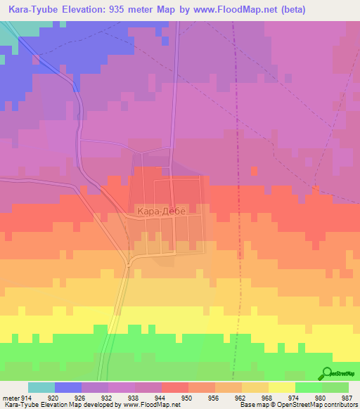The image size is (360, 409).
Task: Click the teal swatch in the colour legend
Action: coord(41,387)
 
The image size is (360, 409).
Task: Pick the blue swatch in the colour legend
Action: coord(68,387)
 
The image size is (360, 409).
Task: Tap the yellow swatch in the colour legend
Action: coord(281,387)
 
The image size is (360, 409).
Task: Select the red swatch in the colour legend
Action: coord(174,387)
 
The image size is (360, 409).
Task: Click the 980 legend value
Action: coord(321,397)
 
